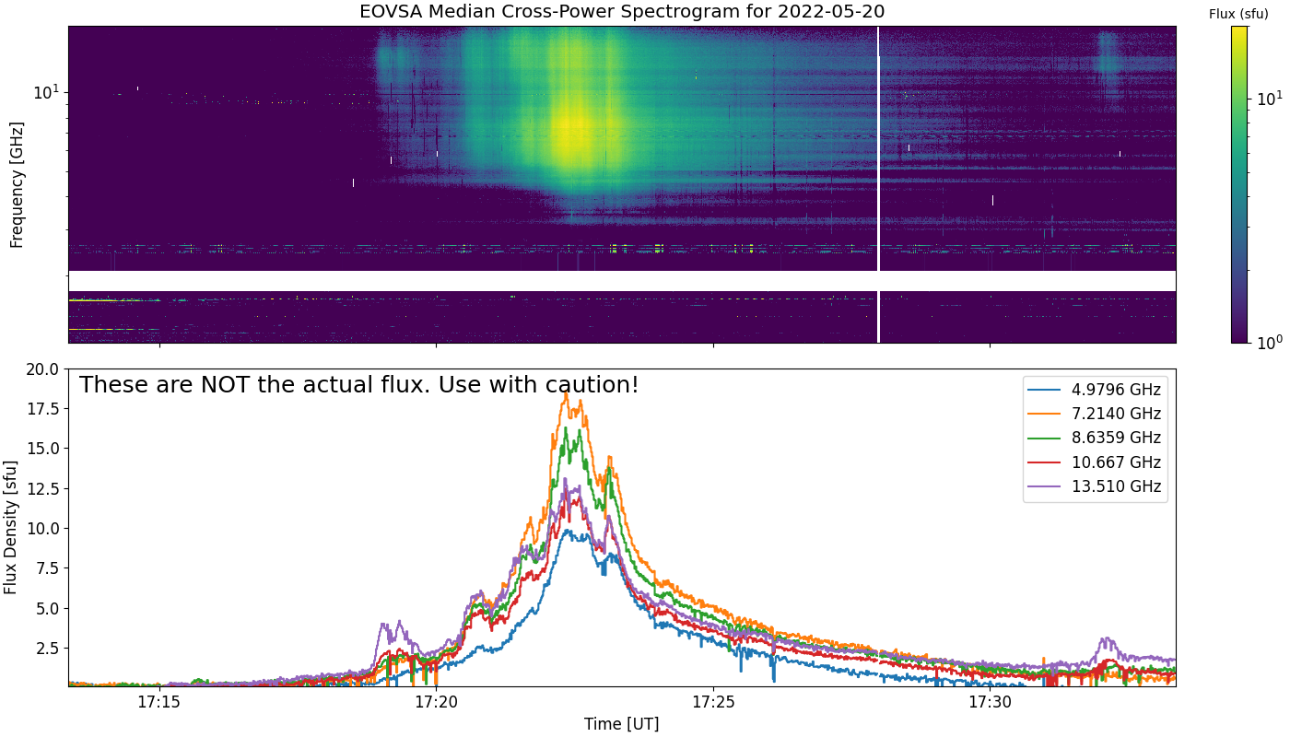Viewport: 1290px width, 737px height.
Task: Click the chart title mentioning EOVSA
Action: (x=622, y=12)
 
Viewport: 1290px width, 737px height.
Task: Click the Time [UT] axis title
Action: (x=621, y=724)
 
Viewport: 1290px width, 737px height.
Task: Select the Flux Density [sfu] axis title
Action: (x=12, y=527)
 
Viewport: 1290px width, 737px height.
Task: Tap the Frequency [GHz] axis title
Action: (x=17, y=184)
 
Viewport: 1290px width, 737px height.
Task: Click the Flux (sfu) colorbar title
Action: (x=1238, y=13)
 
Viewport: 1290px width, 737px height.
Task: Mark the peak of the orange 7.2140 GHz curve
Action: (x=566, y=393)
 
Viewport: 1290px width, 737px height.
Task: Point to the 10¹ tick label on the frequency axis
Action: (x=46, y=91)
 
